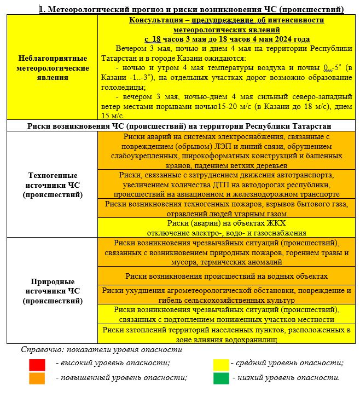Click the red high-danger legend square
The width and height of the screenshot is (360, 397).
tap(37, 364)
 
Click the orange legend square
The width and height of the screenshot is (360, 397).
tap(37, 378)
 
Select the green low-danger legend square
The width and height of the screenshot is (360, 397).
tap(220, 378)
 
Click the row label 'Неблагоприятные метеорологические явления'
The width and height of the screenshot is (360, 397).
tap(54, 68)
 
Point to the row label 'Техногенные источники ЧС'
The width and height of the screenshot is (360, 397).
tap(54, 185)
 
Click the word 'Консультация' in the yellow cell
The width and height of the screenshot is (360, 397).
tap(154, 20)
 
